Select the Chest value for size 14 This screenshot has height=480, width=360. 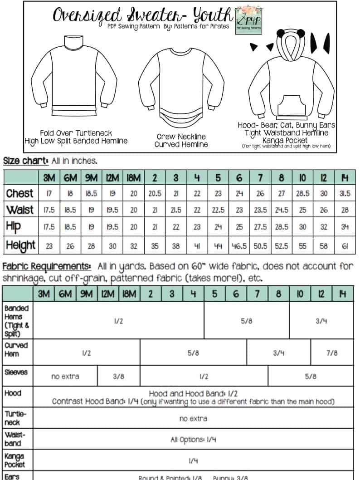pos(345,193)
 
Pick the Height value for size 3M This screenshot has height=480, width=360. pos(49,245)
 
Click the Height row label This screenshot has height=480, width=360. pos(21,245)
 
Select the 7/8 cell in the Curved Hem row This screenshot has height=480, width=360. pos(332,353)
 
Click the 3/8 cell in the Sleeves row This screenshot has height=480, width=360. pos(119,376)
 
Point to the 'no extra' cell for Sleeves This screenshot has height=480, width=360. pos(65,376)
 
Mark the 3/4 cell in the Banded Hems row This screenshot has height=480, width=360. pos(321,320)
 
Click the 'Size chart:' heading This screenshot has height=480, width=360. pos(25,161)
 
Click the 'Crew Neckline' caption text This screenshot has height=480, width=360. pos(181,137)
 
